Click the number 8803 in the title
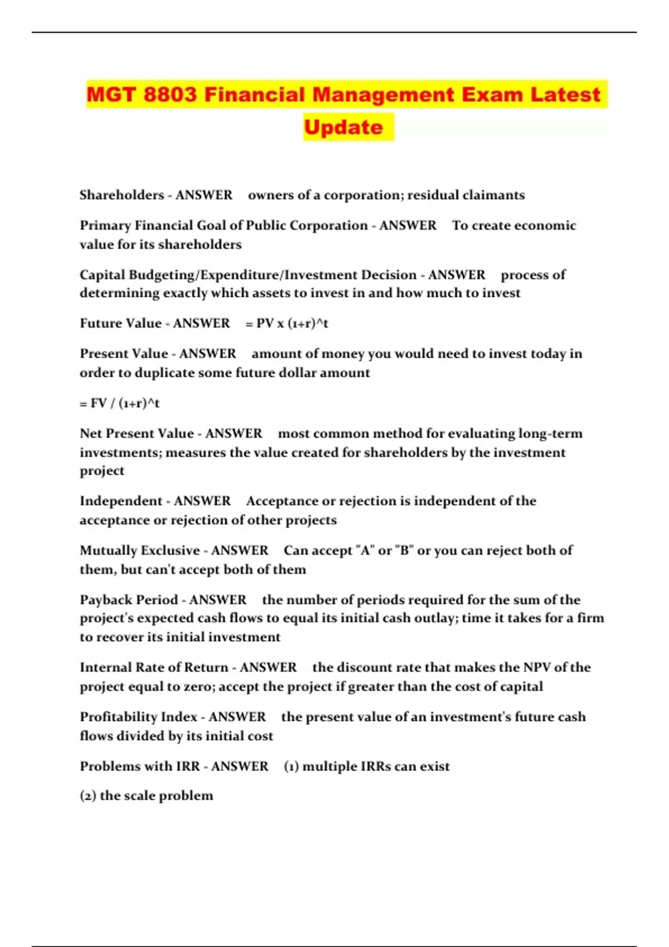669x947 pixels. click(170, 95)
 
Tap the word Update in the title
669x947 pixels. click(343, 128)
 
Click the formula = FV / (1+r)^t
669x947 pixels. click(119, 403)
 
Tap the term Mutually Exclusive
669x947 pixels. click(139, 550)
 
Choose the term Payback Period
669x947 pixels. click(128, 600)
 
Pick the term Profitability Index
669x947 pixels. click(138, 717)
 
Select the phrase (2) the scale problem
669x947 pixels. click(146, 796)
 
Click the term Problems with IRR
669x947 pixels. click(139, 767)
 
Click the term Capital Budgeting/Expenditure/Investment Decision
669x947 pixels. click(248, 275)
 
